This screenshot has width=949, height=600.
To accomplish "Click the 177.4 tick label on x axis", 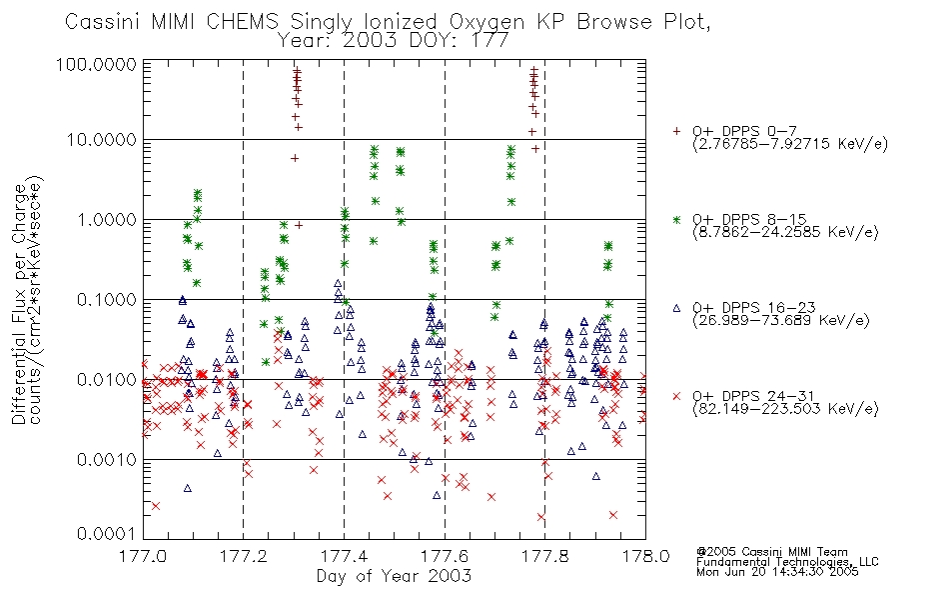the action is (x=344, y=556).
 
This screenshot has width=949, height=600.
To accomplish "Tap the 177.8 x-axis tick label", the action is (x=544, y=556).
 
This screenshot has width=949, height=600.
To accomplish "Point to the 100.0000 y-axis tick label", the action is (x=97, y=64).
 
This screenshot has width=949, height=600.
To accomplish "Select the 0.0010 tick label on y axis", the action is (x=107, y=460).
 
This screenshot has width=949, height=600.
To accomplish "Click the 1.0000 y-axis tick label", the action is (x=107, y=220).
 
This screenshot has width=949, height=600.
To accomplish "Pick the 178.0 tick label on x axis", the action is (x=645, y=556).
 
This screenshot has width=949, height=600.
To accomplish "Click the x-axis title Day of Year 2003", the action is (x=394, y=576).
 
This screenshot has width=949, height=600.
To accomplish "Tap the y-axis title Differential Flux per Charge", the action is (x=20, y=303).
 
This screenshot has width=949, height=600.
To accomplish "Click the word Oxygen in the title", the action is (x=486, y=22).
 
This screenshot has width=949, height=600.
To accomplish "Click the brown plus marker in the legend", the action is (x=676, y=131).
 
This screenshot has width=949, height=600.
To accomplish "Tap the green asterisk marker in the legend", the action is (x=676, y=219).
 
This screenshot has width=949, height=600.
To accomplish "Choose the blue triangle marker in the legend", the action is (x=676, y=308).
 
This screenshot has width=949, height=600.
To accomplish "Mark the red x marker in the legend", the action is (x=676, y=396).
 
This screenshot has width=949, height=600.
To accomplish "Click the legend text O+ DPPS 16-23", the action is (x=754, y=308).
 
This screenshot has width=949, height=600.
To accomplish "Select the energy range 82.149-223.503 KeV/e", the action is (x=785, y=409).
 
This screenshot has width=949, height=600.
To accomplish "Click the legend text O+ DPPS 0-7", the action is (x=744, y=131).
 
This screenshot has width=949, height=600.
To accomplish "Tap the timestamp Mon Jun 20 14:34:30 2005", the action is (x=777, y=572).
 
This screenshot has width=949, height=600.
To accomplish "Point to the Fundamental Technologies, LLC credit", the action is (x=787, y=562).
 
